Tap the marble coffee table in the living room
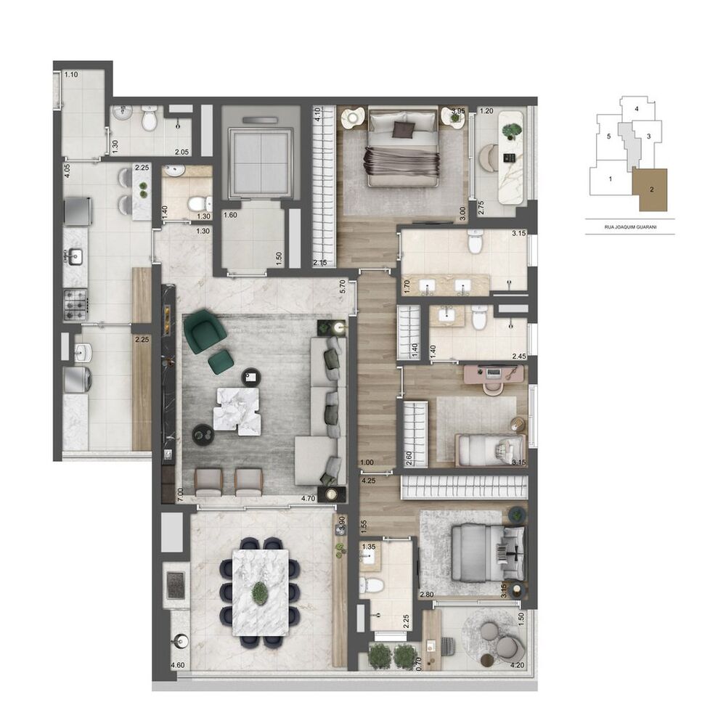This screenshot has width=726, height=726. click(236, 409)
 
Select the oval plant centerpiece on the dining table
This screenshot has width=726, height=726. click(259, 592)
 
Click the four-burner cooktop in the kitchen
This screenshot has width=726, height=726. click(75, 305)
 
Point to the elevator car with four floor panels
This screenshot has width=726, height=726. click(259, 152)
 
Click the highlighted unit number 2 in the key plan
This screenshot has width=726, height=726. click(651, 189)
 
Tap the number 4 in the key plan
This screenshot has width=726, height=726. click(636, 109)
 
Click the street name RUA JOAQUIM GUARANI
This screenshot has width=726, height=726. click(630, 227)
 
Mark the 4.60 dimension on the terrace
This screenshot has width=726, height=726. click(176, 666)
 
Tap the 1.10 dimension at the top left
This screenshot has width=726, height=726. click(71, 75)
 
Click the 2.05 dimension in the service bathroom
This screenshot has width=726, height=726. click(181, 152)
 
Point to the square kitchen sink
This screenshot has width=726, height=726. click(74, 256)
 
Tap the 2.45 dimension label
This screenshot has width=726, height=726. click(518, 356)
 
